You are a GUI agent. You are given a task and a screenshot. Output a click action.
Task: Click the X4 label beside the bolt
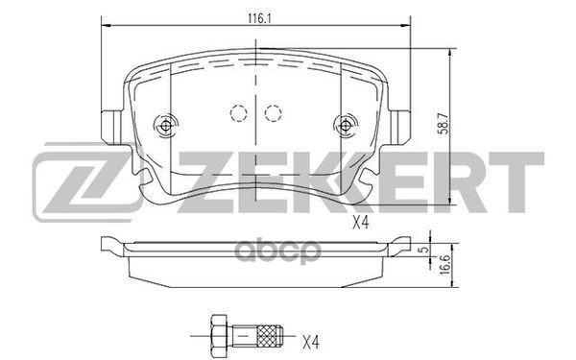coord(310,341)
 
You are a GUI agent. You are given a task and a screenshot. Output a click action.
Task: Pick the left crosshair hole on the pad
coord(167,125)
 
